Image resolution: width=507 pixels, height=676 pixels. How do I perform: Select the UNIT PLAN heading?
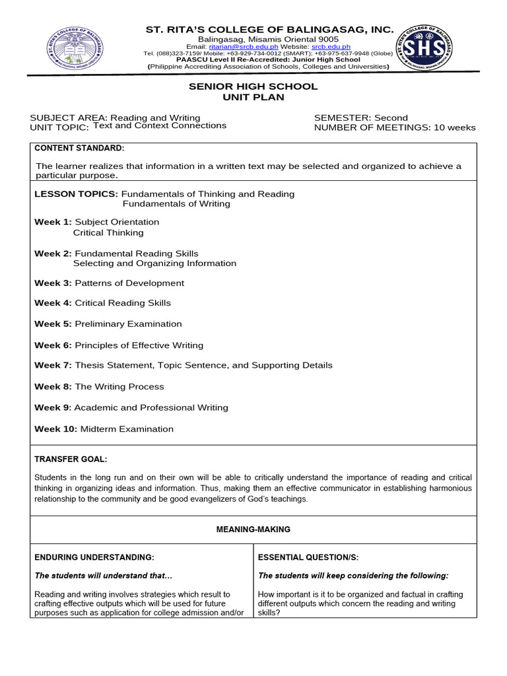click(253, 97)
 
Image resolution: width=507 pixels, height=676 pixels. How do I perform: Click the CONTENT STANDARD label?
click(79, 148)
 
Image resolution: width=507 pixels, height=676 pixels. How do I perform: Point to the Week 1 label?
click(53, 222)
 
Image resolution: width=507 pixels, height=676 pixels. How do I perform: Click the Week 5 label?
click(53, 324)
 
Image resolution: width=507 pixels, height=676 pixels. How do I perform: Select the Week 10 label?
click(56, 429)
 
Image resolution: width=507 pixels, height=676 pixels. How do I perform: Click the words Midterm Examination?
click(127, 429)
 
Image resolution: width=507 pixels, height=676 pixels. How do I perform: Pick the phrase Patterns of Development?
click(129, 283)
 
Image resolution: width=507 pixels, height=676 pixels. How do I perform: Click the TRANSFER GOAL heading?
click(71, 459)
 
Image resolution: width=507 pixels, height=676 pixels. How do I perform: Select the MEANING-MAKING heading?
click(253, 529)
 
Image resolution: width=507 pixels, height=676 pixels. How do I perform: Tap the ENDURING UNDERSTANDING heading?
click(94, 557)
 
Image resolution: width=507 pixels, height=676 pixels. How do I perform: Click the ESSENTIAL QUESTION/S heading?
click(308, 557)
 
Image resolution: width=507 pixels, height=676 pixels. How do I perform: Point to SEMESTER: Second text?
click(361, 118)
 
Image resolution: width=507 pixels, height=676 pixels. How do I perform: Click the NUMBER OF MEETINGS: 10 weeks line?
click(395, 128)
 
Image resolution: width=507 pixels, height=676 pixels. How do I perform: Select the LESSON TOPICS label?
click(76, 194)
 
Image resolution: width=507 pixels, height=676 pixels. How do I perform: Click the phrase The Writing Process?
click(119, 387)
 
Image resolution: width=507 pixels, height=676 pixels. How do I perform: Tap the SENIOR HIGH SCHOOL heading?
click(253, 86)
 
